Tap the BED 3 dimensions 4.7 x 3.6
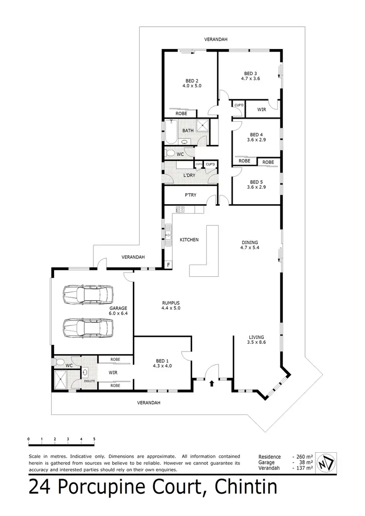[x=250, y=78]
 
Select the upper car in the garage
[x=88, y=294]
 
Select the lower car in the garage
[x=88, y=327]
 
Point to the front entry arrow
[x=212, y=383]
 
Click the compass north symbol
[x=325, y=463]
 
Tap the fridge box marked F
[x=168, y=265]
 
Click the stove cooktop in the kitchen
[x=180, y=210]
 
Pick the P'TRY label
[x=190, y=195]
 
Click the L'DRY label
[x=189, y=175]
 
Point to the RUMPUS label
[x=171, y=303]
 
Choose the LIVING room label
[x=256, y=337]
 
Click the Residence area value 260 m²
[x=302, y=457]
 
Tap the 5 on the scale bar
[x=94, y=439]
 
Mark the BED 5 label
[x=256, y=182]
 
